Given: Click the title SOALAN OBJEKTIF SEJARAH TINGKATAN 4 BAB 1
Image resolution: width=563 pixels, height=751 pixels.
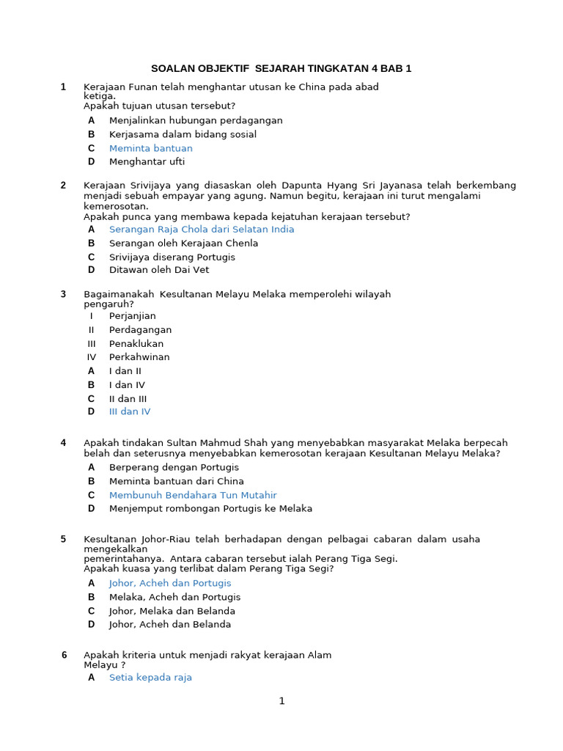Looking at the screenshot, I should (x=281, y=69).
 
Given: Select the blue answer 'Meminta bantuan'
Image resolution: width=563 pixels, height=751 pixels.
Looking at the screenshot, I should (x=150, y=148).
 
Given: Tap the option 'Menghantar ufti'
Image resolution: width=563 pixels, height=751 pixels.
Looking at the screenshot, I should (x=147, y=161).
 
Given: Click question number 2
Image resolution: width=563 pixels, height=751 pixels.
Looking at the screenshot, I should (x=63, y=186).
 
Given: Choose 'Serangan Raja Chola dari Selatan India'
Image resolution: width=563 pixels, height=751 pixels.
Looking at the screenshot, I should (x=201, y=230).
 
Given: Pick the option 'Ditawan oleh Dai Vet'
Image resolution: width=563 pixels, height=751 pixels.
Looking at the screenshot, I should (x=158, y=270).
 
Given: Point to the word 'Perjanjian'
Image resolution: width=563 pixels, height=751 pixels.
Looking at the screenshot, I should (x=132, y=316).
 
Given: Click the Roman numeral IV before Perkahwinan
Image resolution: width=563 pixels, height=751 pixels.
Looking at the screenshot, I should (x=92, y=357).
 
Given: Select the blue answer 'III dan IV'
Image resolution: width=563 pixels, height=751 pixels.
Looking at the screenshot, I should (x=129, y=411).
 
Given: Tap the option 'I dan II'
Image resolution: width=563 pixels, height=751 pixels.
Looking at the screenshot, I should (x=125, y=371).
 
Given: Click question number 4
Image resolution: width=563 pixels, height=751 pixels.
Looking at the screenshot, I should (x=63, y=443).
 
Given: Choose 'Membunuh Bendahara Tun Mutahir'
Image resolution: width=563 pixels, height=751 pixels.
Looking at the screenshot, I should (x=192, y=495).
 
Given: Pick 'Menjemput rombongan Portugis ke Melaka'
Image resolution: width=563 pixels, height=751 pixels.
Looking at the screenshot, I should (x=210, y=508).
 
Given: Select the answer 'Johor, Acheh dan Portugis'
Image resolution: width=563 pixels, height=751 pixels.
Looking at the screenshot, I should (x=169, y=583).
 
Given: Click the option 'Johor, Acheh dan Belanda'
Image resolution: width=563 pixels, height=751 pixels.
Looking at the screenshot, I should (x=169, y=625).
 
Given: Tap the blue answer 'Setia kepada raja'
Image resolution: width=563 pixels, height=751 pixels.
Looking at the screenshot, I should (x=150, y=678).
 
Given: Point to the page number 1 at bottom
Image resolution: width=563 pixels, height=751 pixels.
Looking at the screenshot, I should (x=281, y=701).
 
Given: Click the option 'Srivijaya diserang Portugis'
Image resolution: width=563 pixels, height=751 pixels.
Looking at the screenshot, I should (x=172, y=257).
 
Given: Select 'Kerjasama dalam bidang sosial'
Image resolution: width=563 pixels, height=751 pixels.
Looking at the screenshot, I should (x=183, y=134).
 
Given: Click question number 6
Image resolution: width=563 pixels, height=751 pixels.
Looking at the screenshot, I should (x=64, y=655).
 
